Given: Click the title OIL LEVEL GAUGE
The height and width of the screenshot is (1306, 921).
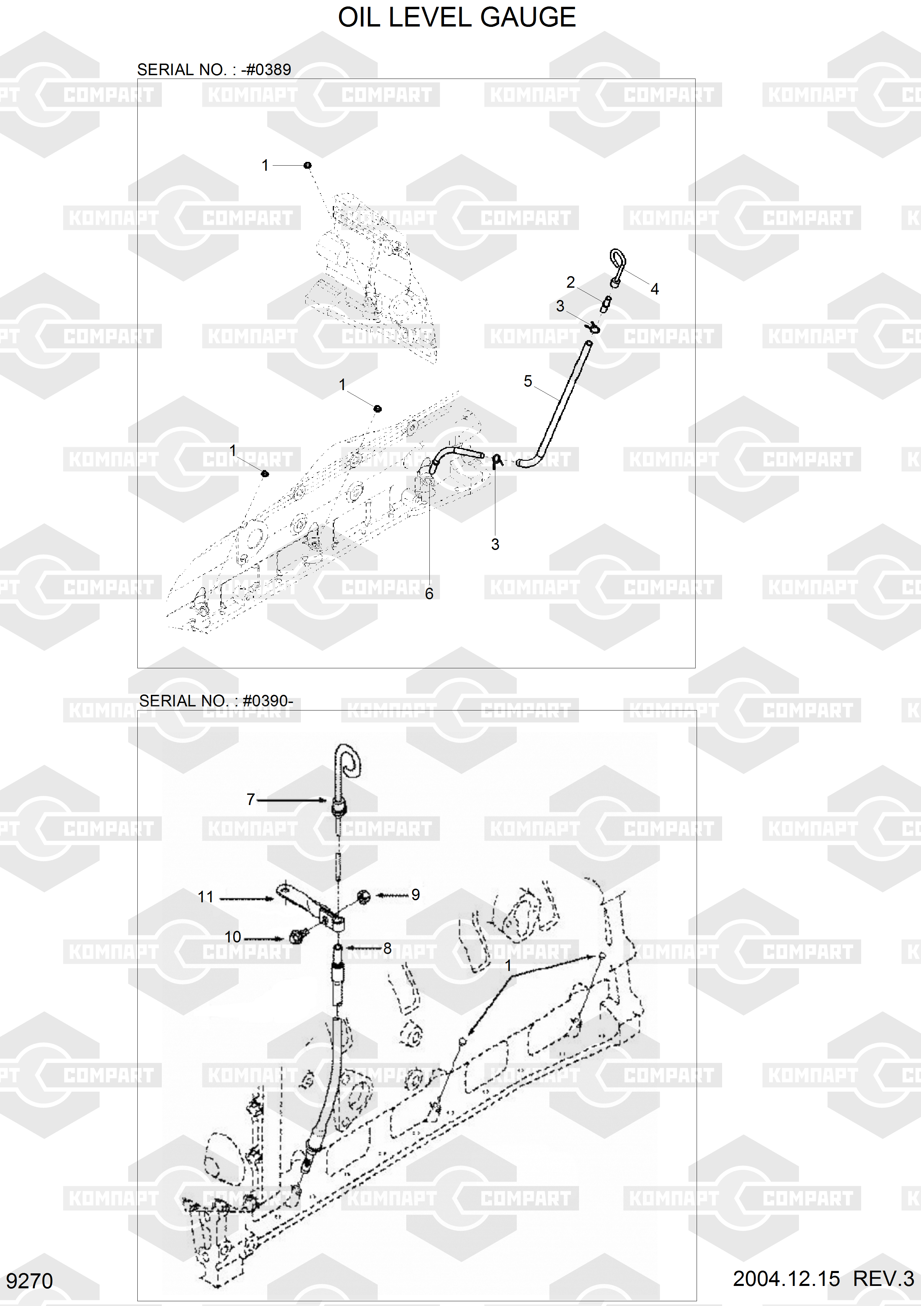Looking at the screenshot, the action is click(457, 18).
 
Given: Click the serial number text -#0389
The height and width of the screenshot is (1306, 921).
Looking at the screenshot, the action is click(266, 70).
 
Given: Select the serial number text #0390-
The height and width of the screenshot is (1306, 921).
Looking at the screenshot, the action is click(268, 701).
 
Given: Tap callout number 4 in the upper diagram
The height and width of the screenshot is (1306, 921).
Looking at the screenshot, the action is click(654, 289).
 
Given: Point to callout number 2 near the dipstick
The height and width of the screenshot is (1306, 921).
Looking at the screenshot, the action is click(571, 282).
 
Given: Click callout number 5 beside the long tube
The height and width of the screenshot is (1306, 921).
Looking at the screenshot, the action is click(528, 381).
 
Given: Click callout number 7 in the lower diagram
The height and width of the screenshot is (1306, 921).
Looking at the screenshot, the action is click(251, 799).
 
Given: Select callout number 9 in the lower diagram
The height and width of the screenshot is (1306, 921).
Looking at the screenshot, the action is click(415, 895).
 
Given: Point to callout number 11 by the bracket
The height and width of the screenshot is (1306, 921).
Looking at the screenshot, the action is click(205, 897).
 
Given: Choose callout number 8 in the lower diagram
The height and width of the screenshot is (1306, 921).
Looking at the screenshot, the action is click(387, 948).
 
